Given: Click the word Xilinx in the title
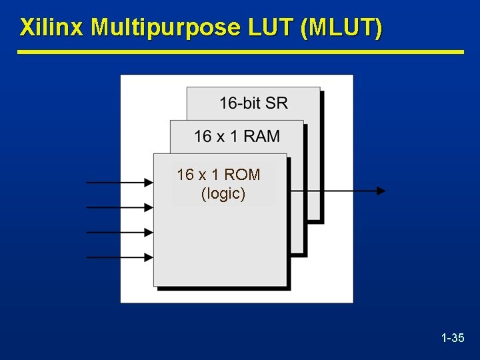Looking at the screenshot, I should tap(53, 28).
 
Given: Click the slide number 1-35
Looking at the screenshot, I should tap(453, 338).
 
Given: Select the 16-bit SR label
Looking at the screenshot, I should tap(253, 103).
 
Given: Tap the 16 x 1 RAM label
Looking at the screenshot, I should tap(237, 137).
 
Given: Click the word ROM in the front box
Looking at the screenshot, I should tap(242, 175).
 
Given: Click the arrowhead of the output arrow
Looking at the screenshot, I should tap(381, 191).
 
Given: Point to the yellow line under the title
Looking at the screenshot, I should tap(240, 51).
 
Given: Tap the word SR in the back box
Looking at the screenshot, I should tap(276, 103).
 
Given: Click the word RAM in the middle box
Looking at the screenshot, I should tap(261, 137).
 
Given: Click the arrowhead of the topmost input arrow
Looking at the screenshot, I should tap(148, 181).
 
